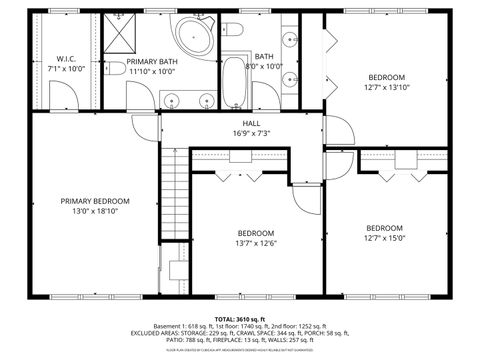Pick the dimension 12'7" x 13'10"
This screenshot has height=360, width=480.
click(385, 88)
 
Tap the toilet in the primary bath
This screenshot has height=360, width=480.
click(115, 68)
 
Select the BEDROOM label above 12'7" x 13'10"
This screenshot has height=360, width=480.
click(385, 77)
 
